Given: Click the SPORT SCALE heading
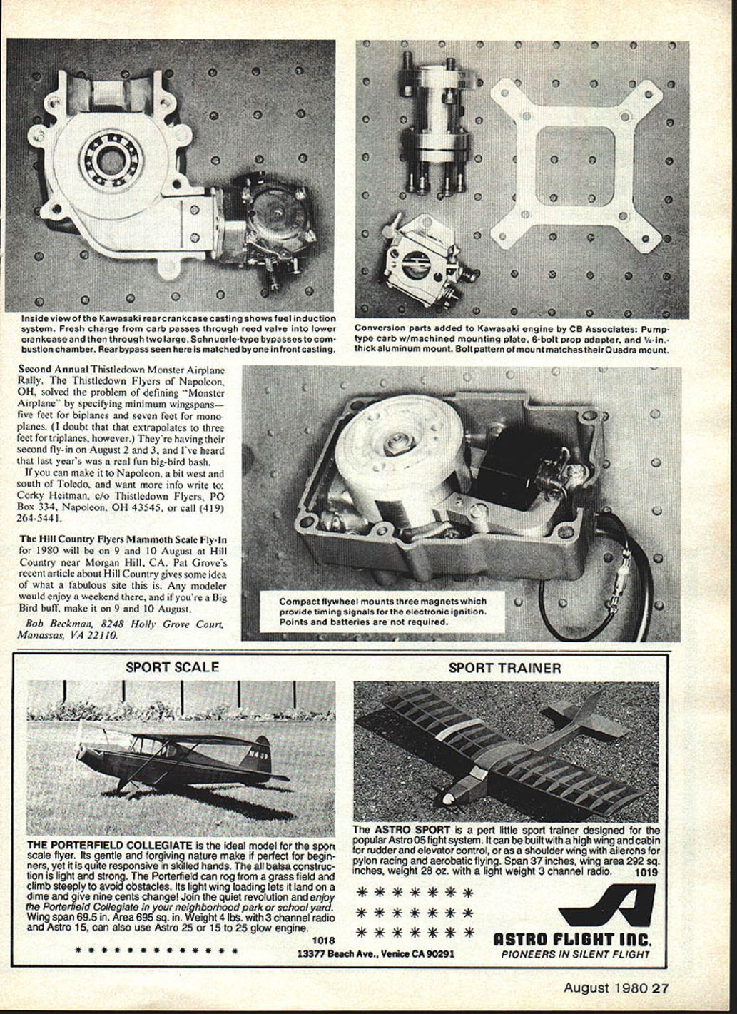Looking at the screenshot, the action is pos(172,666).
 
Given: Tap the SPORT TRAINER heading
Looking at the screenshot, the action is pos(504,668).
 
